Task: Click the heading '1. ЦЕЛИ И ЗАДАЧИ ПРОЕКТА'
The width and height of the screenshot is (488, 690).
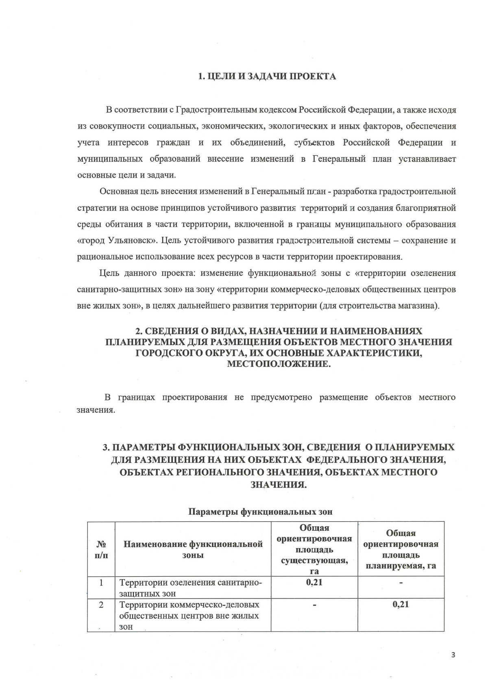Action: point(267,76)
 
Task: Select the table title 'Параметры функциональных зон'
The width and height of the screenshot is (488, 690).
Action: point(260,512)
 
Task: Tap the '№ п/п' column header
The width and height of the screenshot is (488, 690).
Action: point(101,549)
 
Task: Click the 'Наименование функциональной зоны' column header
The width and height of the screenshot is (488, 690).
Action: point(193,549)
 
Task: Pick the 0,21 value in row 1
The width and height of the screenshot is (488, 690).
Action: point(314,582)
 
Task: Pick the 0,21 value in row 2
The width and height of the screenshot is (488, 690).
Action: point(401,604)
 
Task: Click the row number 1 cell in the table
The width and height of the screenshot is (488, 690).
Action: point(101,582)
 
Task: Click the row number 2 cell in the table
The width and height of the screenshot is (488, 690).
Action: point(101,605)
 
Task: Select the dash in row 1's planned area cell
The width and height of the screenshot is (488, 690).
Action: point(401,583)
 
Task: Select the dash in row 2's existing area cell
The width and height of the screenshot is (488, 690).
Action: point(314,605)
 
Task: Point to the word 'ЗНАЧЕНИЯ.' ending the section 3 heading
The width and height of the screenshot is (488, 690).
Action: point(279,484)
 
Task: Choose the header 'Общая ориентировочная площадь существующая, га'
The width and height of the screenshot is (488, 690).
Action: point(314,549)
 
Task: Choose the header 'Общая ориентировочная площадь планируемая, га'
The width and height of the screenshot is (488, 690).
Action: point(401,549)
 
